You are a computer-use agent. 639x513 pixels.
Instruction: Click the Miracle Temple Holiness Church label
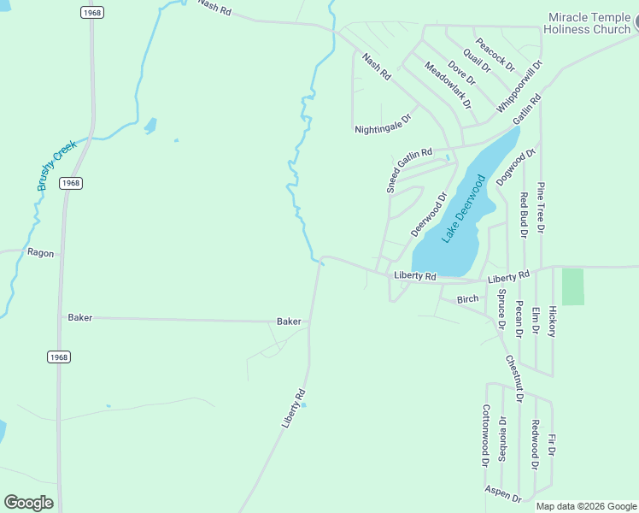(589, 23)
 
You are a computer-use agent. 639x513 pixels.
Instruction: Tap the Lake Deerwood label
(464, 209)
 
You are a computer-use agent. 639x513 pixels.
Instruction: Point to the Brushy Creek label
(57, 165)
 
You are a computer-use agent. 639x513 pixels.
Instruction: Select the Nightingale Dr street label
(384, 125)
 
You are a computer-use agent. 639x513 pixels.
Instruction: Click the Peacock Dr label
(495, 54)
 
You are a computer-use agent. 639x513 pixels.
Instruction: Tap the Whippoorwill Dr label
(519, 87)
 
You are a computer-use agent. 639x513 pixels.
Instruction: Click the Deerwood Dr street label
(429, 215)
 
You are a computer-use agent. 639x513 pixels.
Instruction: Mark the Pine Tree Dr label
(541, 207)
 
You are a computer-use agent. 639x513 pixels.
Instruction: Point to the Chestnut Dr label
(513, 379)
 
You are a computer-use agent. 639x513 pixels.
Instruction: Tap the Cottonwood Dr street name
(485, 435)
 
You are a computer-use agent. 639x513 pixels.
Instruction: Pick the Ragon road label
(40, 252)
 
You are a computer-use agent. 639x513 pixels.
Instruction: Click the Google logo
(28, 502)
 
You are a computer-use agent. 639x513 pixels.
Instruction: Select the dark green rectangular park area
(573, 286)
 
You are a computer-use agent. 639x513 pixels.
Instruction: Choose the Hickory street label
(553, 321)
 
